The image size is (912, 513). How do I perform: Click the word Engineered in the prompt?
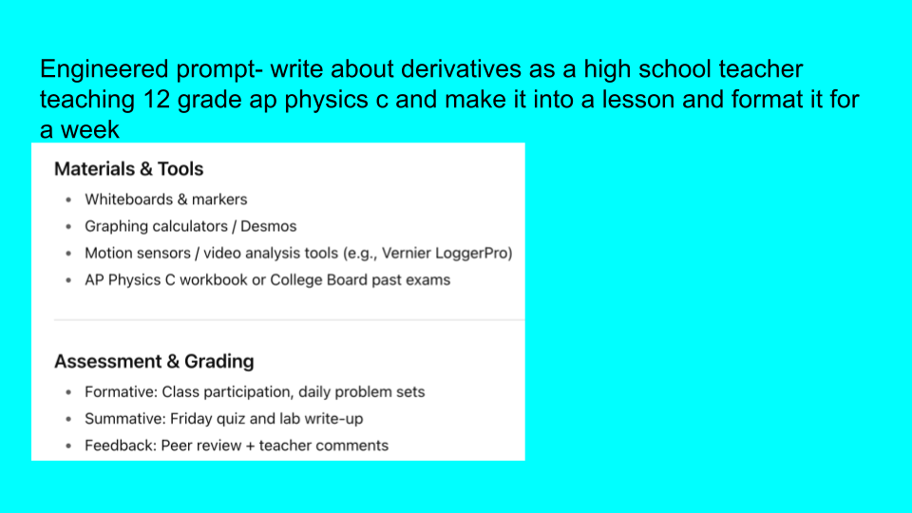[104, 69]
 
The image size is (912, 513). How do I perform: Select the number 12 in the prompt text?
[157, 99]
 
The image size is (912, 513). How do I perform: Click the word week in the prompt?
[90, 129]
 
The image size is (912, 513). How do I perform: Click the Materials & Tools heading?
[128, 169]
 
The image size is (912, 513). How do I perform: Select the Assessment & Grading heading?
[154, 361]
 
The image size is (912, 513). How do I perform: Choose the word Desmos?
[268, 226]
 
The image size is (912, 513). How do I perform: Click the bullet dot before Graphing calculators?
[68, 226]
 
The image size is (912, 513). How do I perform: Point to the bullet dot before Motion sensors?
[68, 253]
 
